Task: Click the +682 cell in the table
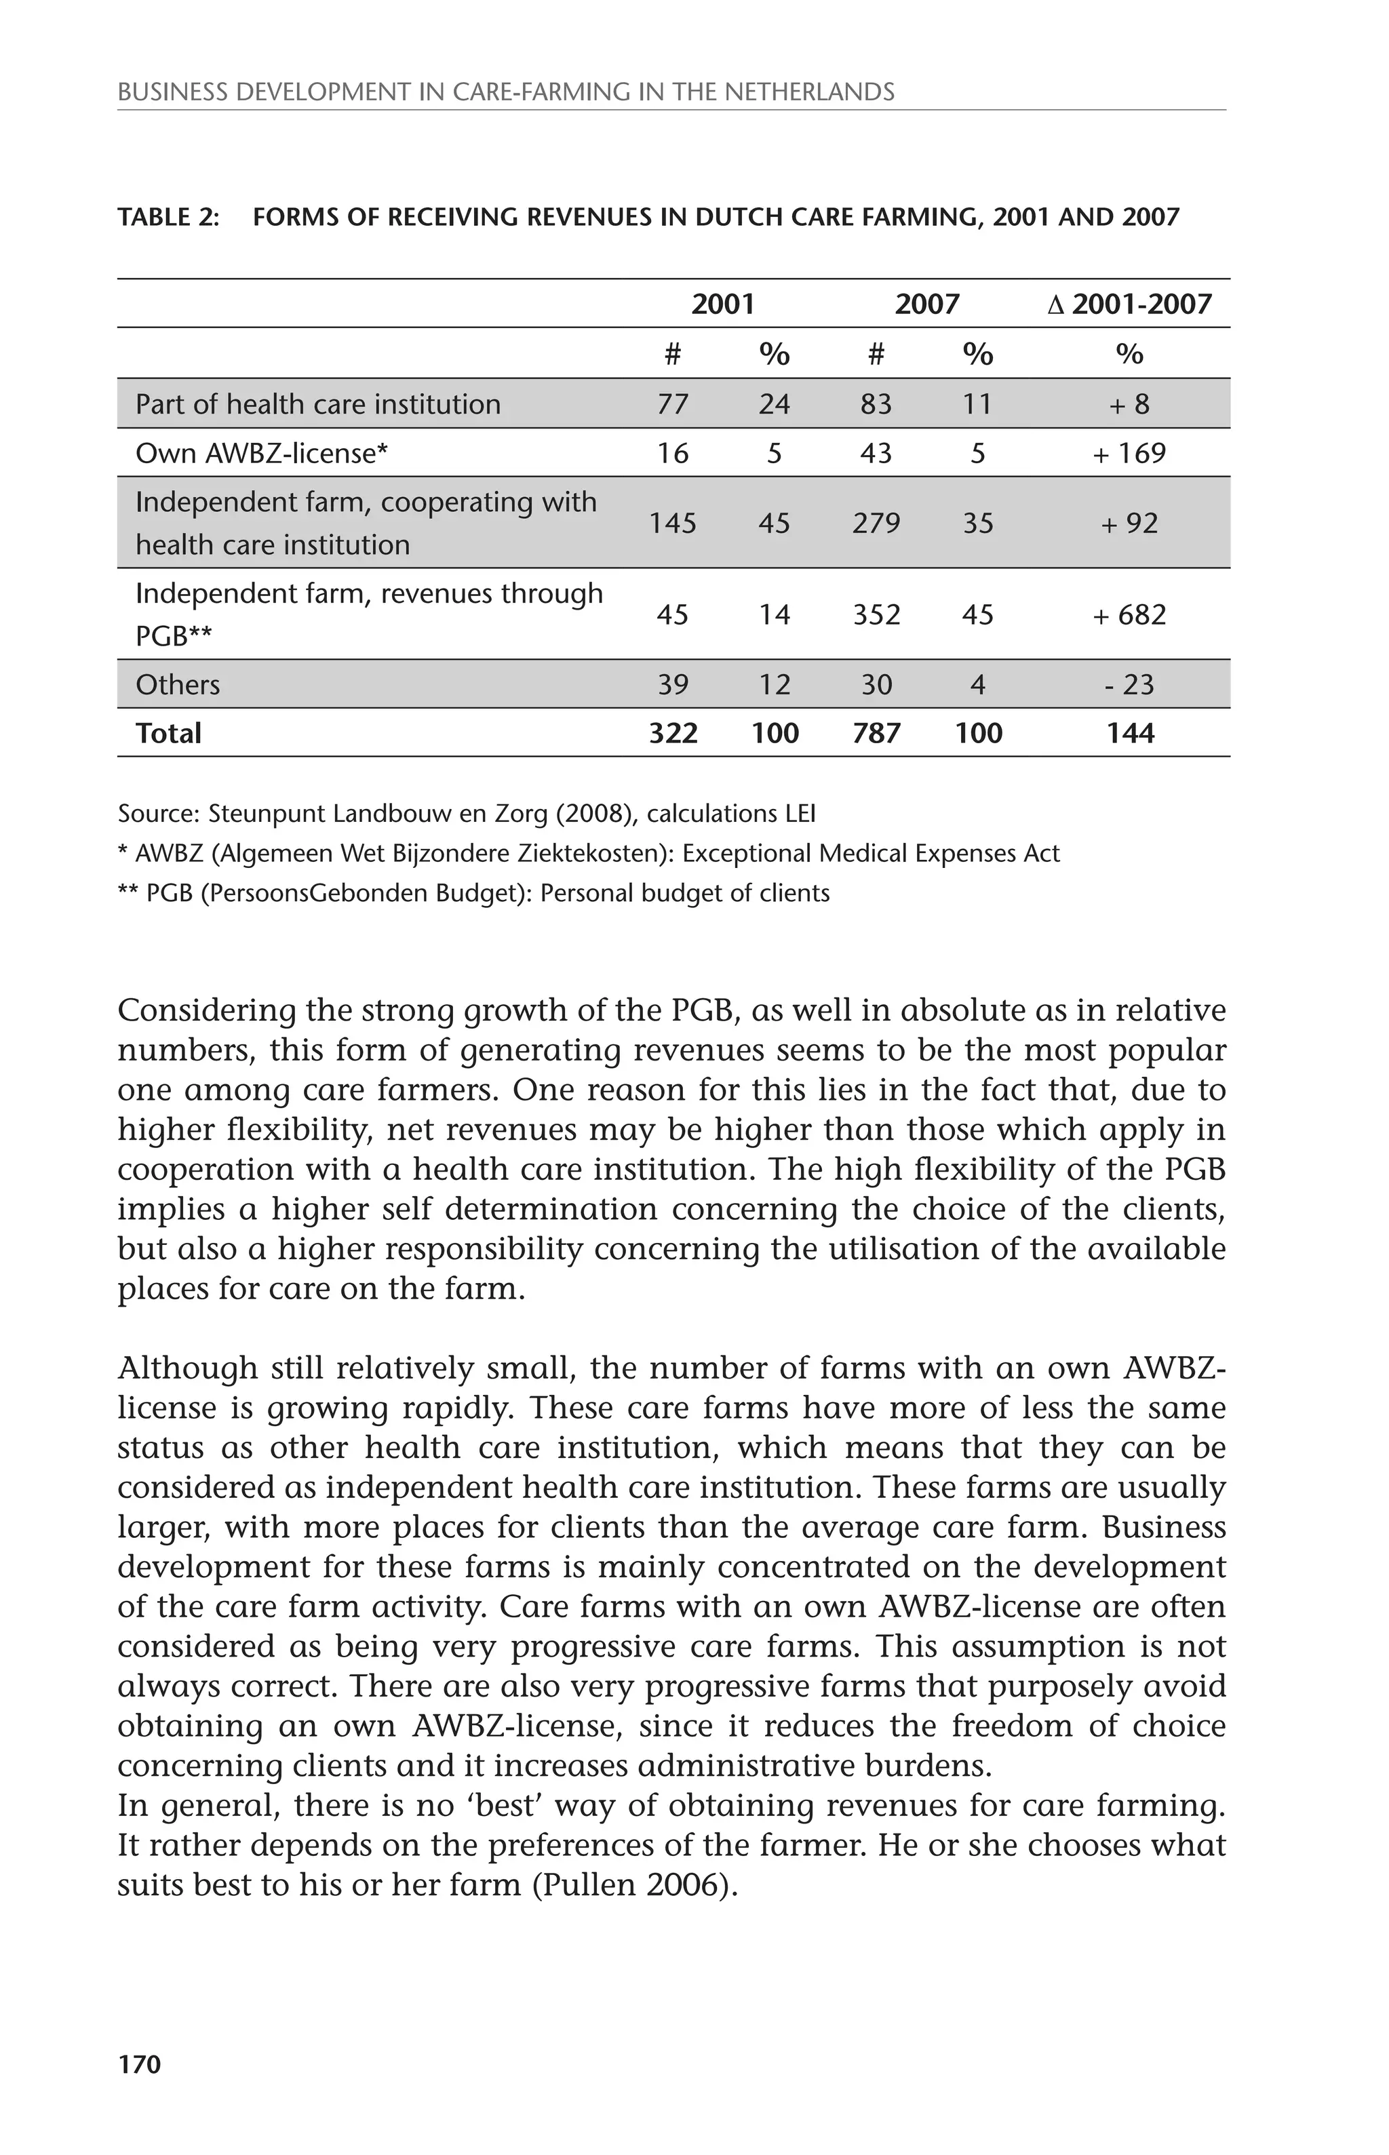[x=1129, y=615]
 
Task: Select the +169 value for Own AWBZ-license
[x=1129, y=453]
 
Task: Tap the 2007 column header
[x=926, y=304]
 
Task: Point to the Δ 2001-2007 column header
[x=1129, y=304]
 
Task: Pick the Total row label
[x=169, y=733]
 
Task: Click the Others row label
[x=178, y=684]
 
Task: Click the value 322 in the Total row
[x=673, y=733]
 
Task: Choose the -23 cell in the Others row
[x=1129, y=684]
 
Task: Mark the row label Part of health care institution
[x=317, y=404]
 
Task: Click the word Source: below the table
[x=158, y=814]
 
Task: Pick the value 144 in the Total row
[x=1129, y=733]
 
